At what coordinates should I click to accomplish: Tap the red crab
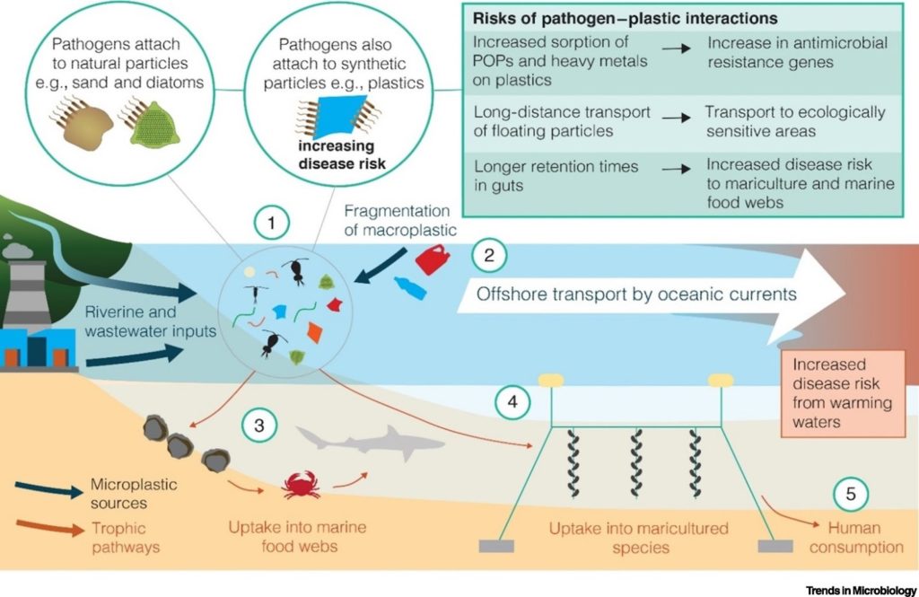[x=302, y=486]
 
